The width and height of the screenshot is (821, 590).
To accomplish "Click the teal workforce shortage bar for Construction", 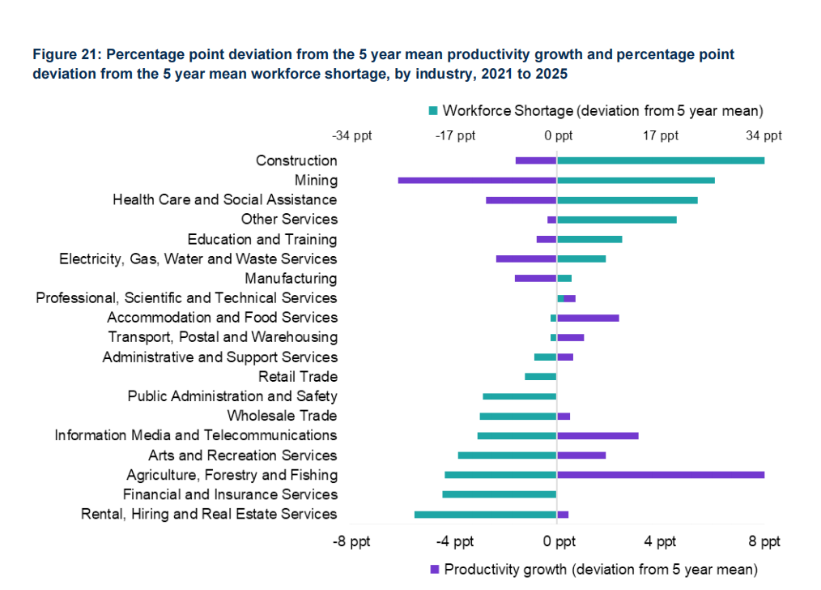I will click(x=661, y=160).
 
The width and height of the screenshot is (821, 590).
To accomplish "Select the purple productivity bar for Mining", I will click(x=477, y=180).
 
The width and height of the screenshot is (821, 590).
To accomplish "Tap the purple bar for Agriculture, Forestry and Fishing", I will click(x=661, y=475).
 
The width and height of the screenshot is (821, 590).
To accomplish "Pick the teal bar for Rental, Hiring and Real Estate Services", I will click(x=485, y=515).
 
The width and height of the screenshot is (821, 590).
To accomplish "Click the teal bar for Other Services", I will click(x=617, y=220).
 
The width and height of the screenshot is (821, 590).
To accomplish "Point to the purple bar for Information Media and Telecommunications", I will click(x=598, y=436).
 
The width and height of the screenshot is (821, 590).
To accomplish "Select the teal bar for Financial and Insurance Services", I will click(x=499, y=494).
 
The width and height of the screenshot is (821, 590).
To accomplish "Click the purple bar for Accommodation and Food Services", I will click(x=588, y=318).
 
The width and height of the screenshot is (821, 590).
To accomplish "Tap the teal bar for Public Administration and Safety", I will click(x=519, y=396).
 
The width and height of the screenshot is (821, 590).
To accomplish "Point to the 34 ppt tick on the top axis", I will click(x=764, y=135).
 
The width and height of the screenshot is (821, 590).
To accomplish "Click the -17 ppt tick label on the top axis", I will click(x=455, y=135).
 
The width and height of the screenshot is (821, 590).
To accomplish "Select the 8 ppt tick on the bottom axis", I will click(x=764, y=541).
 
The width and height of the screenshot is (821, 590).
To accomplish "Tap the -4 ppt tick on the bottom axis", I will click(x=454, y=541).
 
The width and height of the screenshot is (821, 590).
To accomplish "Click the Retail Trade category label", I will click(x=297, y=377).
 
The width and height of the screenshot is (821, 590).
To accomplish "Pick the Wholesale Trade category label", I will click(x=282, y=416).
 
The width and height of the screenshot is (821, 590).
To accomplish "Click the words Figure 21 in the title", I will click(x=66, y=55).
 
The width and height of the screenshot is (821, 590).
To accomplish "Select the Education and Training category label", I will click(x=262, y=239).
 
